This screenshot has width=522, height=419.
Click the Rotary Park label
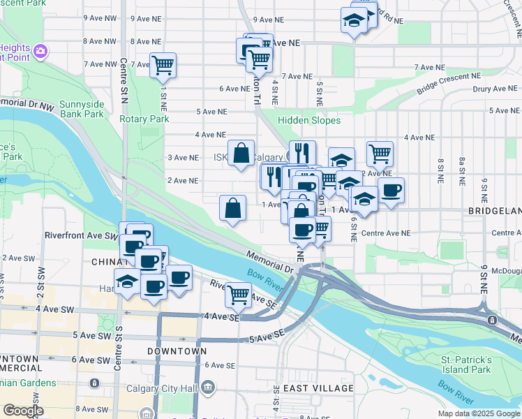(x=144, y=119)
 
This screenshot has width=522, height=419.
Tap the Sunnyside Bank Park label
(x=82, y=109)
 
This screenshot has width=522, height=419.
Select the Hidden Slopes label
(x=309, y=120)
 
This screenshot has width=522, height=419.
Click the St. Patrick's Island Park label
(x=466, y=365)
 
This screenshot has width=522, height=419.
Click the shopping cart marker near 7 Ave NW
(x=163, y=66)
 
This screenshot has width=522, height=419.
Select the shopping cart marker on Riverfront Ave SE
(x=238, y=295)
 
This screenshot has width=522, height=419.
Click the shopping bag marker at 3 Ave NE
(x=241, y=152)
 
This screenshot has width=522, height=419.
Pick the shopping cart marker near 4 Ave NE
(x=380, y=152)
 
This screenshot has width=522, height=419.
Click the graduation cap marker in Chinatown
(x=127, y=281)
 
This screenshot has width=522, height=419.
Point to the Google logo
(x=23, y=411)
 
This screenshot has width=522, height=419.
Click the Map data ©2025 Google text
(x=479, y=413)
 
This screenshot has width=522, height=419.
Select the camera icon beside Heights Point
(x=40, y=50)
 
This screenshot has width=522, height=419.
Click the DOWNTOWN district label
(x=177, y=351)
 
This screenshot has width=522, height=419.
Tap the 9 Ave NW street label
(x=99, y=18)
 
